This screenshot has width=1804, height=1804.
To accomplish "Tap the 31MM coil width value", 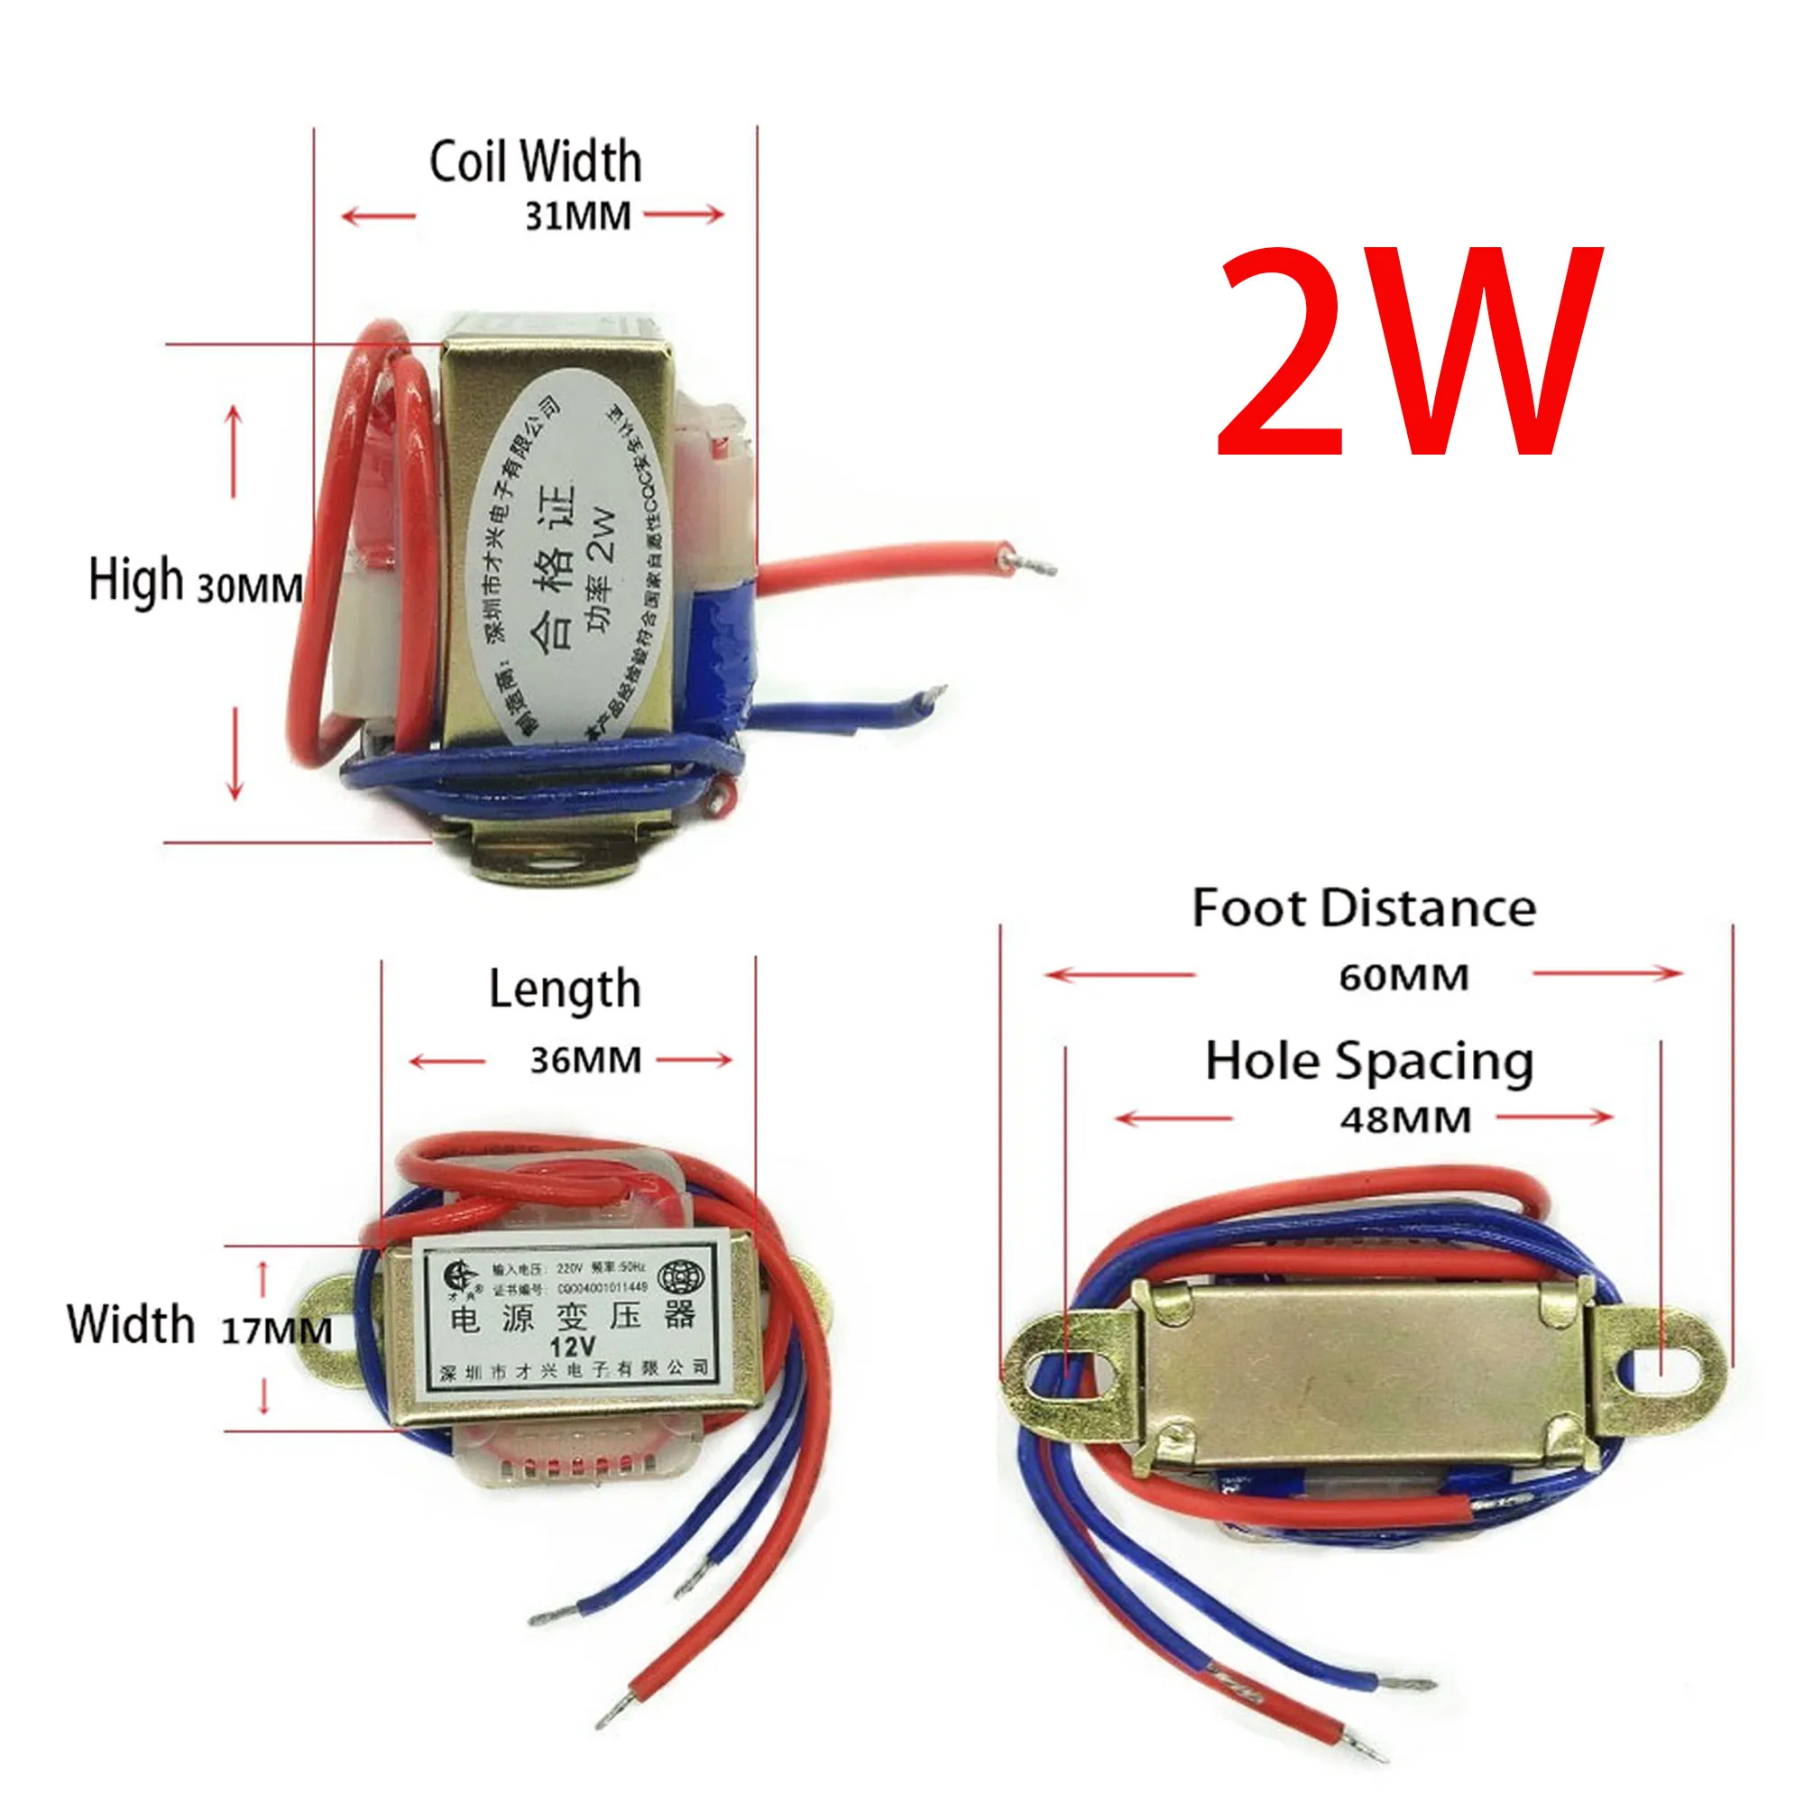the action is coord(578,216).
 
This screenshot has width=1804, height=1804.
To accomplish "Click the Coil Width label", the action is coord(535,161).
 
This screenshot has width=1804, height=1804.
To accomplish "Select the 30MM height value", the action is coord(249,588).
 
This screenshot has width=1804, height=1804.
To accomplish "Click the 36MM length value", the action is coord(585,1061).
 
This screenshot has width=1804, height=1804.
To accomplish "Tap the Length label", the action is coord(565,989).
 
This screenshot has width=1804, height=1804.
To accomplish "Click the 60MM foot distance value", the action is coord(1404,978).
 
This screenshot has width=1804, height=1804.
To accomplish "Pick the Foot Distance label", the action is coord(1364,908).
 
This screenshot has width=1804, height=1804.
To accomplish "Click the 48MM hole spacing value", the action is coord(1405,1119).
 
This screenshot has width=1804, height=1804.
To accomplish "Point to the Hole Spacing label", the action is coord(1370,1062).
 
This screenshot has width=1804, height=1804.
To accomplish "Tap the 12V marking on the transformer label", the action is coord(573,1347).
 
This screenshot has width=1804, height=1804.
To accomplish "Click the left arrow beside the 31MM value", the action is coord(379,216).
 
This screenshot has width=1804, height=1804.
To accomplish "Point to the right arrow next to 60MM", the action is coord(1608,974).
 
